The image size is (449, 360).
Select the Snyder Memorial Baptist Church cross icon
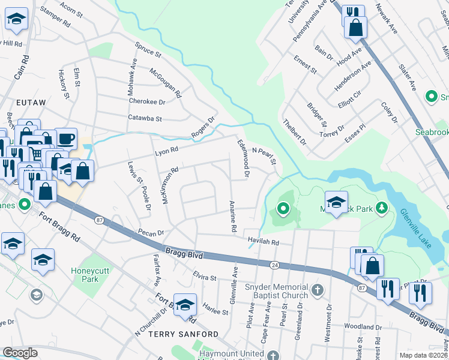(x=318, y=292)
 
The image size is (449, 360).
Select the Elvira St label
(x=204, y=278)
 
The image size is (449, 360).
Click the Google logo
(x=20, y=353)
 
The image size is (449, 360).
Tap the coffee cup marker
(x=66, y=139)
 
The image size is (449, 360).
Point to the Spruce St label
(x=148, y=49)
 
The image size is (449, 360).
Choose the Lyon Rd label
(x=167, y=149)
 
